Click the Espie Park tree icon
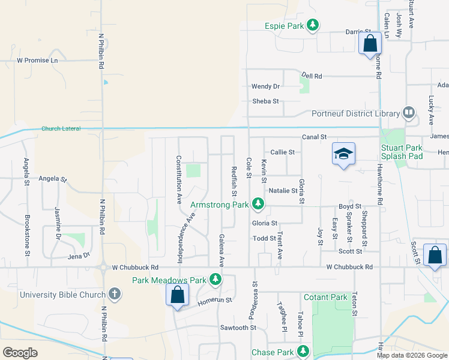(312, 25)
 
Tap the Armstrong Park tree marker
(258, 205)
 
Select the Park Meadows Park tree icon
(215, 280)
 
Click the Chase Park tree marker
(304, 351)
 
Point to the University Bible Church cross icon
(115, 294)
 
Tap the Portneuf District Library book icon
(409, 113)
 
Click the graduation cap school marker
(344, 154)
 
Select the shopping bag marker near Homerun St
(177, 295)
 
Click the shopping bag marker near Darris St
(370, 43)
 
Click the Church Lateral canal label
(61, 129)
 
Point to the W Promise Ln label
(38, 61)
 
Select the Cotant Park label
(326, 297)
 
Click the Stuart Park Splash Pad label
(402, 152)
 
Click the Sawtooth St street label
(238, 328)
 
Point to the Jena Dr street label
(79, 256)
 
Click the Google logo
(20, 353)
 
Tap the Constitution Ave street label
(178, 180)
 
